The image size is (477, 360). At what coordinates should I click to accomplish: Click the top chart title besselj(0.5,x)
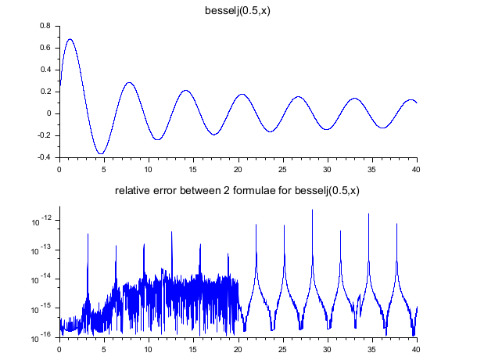coord(238,10)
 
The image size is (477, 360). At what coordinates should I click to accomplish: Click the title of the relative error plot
coord(237,190)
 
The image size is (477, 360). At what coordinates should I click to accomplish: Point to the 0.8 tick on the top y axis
coord(45,26)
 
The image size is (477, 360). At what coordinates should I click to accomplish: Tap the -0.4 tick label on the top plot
coord(43,157)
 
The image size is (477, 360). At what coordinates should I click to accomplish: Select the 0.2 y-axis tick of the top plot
coord(45,92)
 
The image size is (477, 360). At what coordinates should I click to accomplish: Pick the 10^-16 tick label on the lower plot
coord(41,338)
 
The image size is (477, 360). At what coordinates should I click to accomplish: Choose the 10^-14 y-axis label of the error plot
coord(41,279)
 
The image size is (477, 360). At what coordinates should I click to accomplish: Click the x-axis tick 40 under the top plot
coord(416,167)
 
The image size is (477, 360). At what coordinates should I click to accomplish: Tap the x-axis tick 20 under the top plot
coord(238,167)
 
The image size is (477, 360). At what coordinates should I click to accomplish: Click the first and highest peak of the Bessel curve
coord(70,39)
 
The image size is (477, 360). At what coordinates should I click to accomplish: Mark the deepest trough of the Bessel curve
coord(101,153)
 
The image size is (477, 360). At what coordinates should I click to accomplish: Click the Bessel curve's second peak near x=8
coord(130,83)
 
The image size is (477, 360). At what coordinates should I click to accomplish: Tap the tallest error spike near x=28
coord(312,210)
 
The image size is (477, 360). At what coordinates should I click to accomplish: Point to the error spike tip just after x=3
coord(88,233)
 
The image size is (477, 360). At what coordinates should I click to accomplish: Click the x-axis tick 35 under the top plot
coord(371,167)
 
